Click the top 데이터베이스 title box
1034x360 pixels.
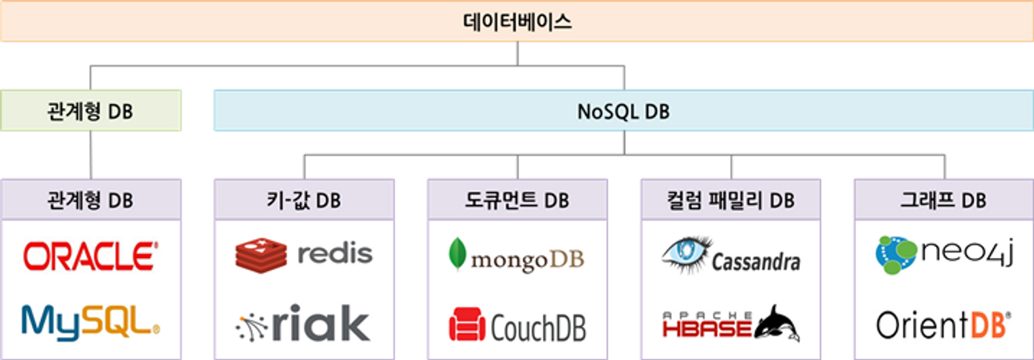[x=517, y=22]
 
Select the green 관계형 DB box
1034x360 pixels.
[x=90, y=110]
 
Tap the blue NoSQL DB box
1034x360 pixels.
[x=624, y=110]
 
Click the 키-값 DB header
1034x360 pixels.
[x=304, y=200]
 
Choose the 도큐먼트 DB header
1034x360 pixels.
[x=517, y=200]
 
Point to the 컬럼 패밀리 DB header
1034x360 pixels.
[x=731, y=200]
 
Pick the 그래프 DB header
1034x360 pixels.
[x=944, y=200]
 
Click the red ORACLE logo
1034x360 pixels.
[x=90, y=256]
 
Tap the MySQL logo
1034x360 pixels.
[x=90, y=321]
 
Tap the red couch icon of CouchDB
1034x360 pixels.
[x=467, y=325]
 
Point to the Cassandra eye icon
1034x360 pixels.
[x=686, y=251]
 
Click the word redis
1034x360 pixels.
[x=335, y=254]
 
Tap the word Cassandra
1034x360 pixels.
[x=756, y=261]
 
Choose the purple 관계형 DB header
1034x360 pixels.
[x=90, y=200]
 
